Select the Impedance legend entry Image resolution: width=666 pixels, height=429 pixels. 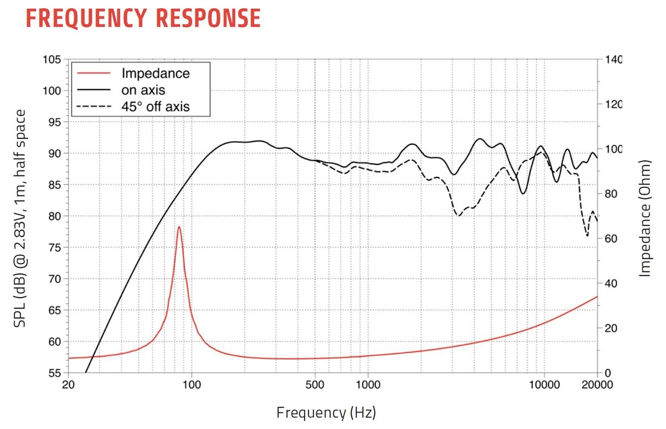(155, 73)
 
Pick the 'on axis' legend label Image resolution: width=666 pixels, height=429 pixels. (143, 90)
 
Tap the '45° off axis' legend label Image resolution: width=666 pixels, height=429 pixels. (155, 106)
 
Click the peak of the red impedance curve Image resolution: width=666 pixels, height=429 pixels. (179, 227)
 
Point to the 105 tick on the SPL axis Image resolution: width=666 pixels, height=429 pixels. (51, 60)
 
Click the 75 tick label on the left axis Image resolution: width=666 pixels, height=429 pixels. (54, 248)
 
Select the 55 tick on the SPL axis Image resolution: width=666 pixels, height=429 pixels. (54, 373)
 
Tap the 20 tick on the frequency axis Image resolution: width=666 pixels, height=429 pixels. (68, 385)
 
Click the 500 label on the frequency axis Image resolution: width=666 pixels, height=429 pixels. (315, 385)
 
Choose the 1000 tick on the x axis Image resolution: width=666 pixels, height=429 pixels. (368, 385)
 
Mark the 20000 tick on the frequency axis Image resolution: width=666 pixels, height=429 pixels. (597, 385)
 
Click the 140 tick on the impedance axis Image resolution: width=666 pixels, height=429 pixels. (613, 60)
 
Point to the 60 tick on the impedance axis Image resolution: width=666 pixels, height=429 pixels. (611, 239)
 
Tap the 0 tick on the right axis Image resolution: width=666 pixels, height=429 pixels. (608, 373)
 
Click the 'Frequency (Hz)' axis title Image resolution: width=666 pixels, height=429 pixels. (326, 412)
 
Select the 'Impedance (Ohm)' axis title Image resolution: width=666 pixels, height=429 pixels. (645, 218)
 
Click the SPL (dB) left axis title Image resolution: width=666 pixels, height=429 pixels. (20, 218)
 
